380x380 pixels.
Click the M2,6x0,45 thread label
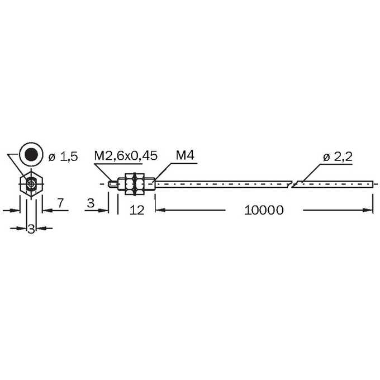126,155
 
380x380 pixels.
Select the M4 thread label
185,155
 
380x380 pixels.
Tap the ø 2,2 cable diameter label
338,157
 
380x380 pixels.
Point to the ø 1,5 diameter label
63,157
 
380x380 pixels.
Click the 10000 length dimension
264,210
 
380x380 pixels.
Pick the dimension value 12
137,210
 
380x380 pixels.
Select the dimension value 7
60,203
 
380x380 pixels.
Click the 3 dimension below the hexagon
31,229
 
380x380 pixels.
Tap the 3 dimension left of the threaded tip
91,203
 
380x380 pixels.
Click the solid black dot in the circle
31,154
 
